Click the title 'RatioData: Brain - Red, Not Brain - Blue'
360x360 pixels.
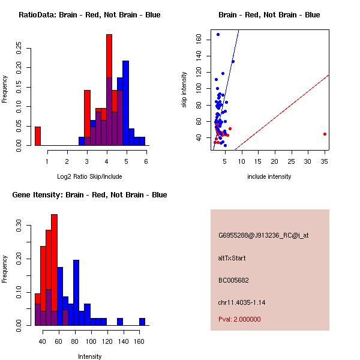89,14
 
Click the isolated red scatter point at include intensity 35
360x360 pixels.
325,134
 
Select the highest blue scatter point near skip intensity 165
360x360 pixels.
218,35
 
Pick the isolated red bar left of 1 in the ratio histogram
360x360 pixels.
38,136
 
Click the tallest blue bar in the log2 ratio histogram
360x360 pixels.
125,102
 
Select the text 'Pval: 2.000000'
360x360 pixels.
239,319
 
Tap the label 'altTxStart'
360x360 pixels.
232,258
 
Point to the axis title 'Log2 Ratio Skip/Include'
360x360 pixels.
89,176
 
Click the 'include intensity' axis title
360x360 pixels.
269,176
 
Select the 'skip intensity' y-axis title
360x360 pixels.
185,90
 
